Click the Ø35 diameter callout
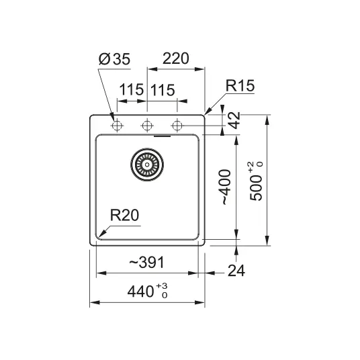(x=114, y=59)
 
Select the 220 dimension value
(x=176, y=58)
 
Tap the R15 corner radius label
(x=240, y=85)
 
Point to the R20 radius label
(x=124, y=215)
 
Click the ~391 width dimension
(x=146, y=262)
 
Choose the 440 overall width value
(x=140, y=291)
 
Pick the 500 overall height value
(x=256, y=188)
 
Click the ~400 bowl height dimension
(x=226, y=187)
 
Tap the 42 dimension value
(x=234, y=120)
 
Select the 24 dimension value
(x=236, y=270)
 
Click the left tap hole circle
(x=117, y=126)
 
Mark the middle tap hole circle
(x=147, y=126)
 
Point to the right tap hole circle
(x=177, y=126)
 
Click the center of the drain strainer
(x=147, y=165)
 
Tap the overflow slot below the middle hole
(x=162, y=136)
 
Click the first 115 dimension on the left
(x=132, y=89)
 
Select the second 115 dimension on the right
(x=163, y=90)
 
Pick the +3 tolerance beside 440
(x=162, y=286)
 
